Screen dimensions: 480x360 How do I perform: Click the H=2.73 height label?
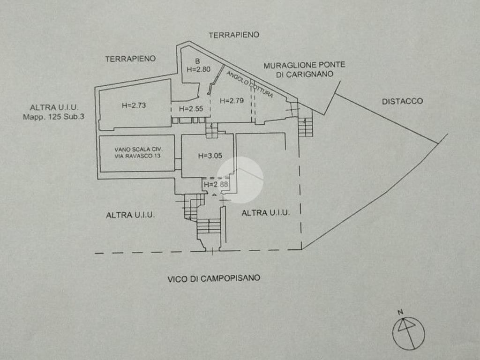134,105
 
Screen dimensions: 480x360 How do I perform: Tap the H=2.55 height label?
190,109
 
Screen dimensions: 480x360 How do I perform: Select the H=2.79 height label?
232,100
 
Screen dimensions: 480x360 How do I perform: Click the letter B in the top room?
197,61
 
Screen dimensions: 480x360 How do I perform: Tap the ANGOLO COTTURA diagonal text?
249,84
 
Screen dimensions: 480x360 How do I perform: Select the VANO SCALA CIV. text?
137,150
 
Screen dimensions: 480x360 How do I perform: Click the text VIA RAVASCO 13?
137,156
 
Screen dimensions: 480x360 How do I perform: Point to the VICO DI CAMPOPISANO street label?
214,278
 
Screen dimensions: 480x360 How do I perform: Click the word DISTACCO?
402,101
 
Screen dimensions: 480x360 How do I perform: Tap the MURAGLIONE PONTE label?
304,65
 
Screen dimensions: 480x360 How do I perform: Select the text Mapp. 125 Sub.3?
53,117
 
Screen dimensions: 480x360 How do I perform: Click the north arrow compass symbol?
408,331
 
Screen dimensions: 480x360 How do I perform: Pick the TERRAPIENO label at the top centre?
233,35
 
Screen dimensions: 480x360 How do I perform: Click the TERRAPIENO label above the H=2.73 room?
130,59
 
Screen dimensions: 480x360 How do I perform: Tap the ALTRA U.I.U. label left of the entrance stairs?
130,215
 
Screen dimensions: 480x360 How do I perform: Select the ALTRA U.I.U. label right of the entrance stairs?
265,213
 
